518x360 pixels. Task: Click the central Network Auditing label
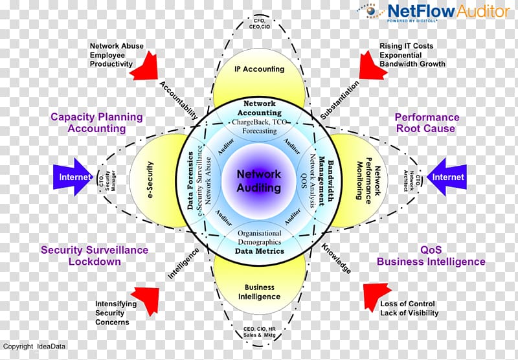tap(259, 181)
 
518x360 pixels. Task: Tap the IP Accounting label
tap(259, 69)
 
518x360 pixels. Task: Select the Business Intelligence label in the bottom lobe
tap(259, 292)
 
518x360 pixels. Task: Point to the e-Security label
tap(150, 181)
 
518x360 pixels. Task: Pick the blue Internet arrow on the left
tap(74, 177)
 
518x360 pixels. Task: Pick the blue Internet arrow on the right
tap(446, 177)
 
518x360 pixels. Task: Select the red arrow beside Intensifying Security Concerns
tap(146, 299)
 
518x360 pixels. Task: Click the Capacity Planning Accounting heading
tap(97, 122)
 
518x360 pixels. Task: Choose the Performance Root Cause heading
tap(427, 122)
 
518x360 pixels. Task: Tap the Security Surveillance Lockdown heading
tap(95, 256)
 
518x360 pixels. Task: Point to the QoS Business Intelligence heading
tap(431, 256)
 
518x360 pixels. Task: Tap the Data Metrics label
tap(259, 251)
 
